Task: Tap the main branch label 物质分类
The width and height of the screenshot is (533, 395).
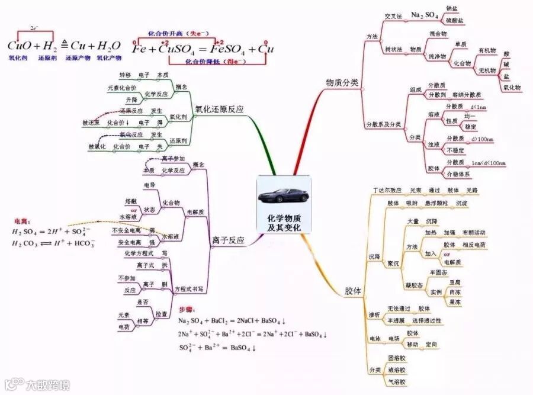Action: [x=342, y=83]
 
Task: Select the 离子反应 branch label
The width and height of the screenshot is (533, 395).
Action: [x=228, y=240]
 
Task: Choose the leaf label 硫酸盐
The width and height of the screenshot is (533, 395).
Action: [x=454, y=21]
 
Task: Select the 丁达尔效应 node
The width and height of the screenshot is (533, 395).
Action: [x=387, y=191]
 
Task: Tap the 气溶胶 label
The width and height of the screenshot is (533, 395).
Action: [x=396, y=383]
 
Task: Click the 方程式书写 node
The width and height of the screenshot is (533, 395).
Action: [x=190, y=289]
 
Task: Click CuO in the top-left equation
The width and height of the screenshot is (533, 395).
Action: [x=20, y=46]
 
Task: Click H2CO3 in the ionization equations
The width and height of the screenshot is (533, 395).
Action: [x=25, y=243]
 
